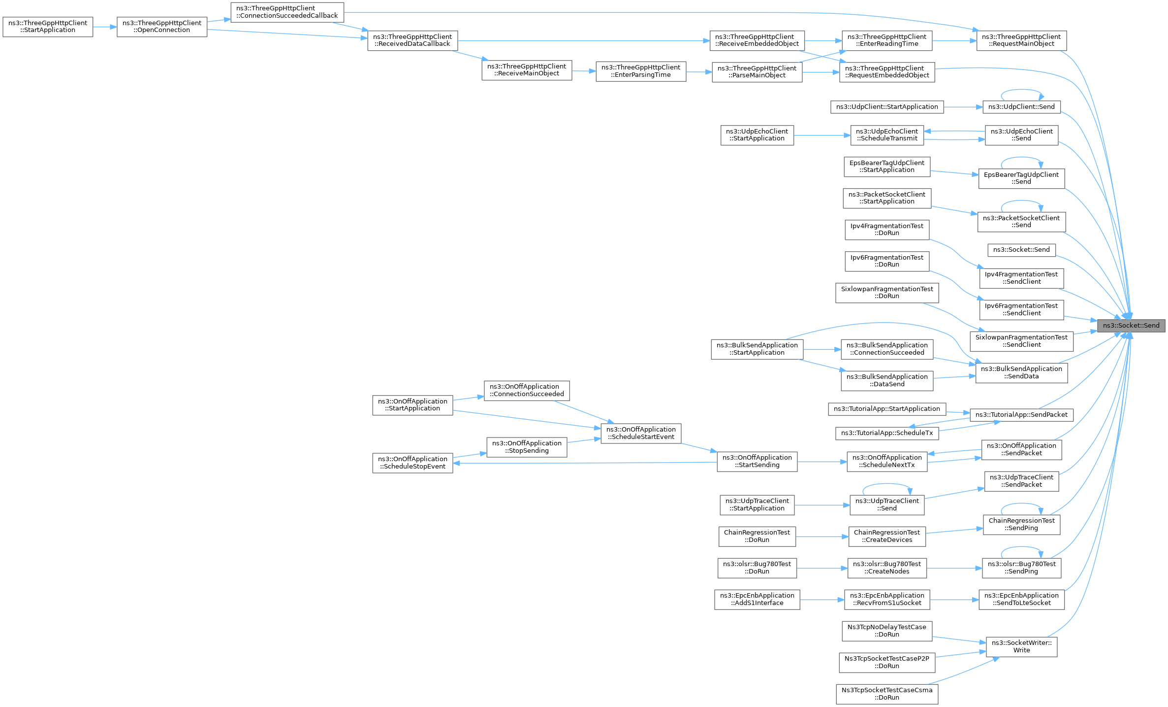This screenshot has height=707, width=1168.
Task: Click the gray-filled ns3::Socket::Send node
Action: click(1131, 326)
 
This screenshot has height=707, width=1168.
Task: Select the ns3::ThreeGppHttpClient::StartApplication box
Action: click(48, 27)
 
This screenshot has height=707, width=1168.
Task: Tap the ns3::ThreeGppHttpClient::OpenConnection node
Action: click(162, 27)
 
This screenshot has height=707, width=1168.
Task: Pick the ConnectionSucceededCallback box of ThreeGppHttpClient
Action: click(287, 12)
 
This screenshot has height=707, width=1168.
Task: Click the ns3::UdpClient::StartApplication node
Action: click(887, 107)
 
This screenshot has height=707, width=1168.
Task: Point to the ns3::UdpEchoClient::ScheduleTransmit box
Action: click(887, 135)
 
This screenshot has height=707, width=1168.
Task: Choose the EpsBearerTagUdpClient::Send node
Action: click(1021, 178)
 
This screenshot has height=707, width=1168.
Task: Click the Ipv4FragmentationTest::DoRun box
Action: click(887, 230)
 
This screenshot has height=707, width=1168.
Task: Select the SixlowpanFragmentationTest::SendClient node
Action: click(1021, 341)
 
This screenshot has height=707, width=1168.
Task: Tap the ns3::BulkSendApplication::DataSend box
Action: click(887, 380)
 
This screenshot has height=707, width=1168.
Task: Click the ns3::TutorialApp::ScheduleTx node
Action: click(887, 433)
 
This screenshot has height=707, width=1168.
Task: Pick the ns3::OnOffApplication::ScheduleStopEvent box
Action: click(412, 463)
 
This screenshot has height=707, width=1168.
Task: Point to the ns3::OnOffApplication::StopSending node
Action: click(527, 447)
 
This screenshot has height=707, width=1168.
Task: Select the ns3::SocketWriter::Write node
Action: click(1021, 646)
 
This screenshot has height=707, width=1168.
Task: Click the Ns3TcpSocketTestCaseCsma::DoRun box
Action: click(887, 694)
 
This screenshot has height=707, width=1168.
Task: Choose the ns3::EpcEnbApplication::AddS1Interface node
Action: click(757, 599)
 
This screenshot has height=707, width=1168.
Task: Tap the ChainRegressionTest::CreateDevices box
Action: click(887, 536)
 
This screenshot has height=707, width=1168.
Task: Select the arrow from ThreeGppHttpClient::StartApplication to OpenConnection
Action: click(105, 27)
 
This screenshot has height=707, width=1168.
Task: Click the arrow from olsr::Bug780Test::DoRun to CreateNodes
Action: click(822, 568)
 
